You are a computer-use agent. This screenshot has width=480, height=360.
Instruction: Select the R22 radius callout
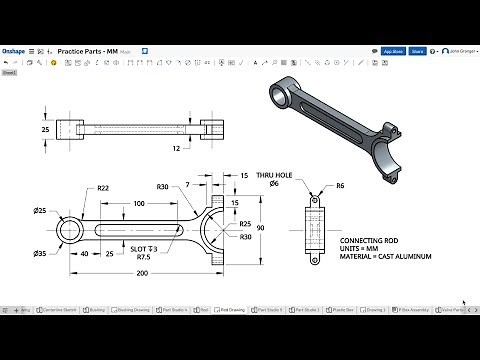coord(103,188)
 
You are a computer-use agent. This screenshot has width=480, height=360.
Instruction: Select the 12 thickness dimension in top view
coord(175,148)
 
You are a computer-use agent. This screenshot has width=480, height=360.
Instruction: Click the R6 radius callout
coord(340,185)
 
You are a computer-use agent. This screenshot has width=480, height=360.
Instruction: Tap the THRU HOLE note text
coord(274,174)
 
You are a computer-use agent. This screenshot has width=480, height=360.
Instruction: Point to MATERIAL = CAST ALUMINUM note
coord(387,257)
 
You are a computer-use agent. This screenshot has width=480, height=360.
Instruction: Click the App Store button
coord(393,50)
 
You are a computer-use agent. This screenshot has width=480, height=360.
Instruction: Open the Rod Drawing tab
coord(231,310)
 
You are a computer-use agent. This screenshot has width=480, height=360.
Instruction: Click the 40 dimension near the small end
coord(85,253)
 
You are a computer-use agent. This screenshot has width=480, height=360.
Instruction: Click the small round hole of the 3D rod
coord(286,91)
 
